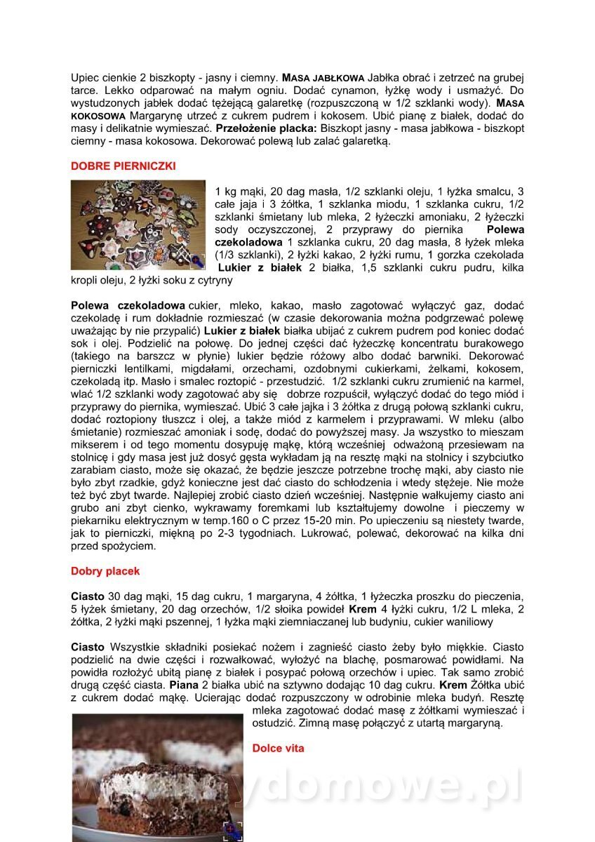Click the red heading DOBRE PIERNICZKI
point(123,166)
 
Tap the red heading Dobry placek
point(105,571)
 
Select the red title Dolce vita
point(278,748)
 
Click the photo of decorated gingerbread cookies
point(138,225)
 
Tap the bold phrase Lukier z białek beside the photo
point(260,267)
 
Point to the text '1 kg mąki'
point(239,192)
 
